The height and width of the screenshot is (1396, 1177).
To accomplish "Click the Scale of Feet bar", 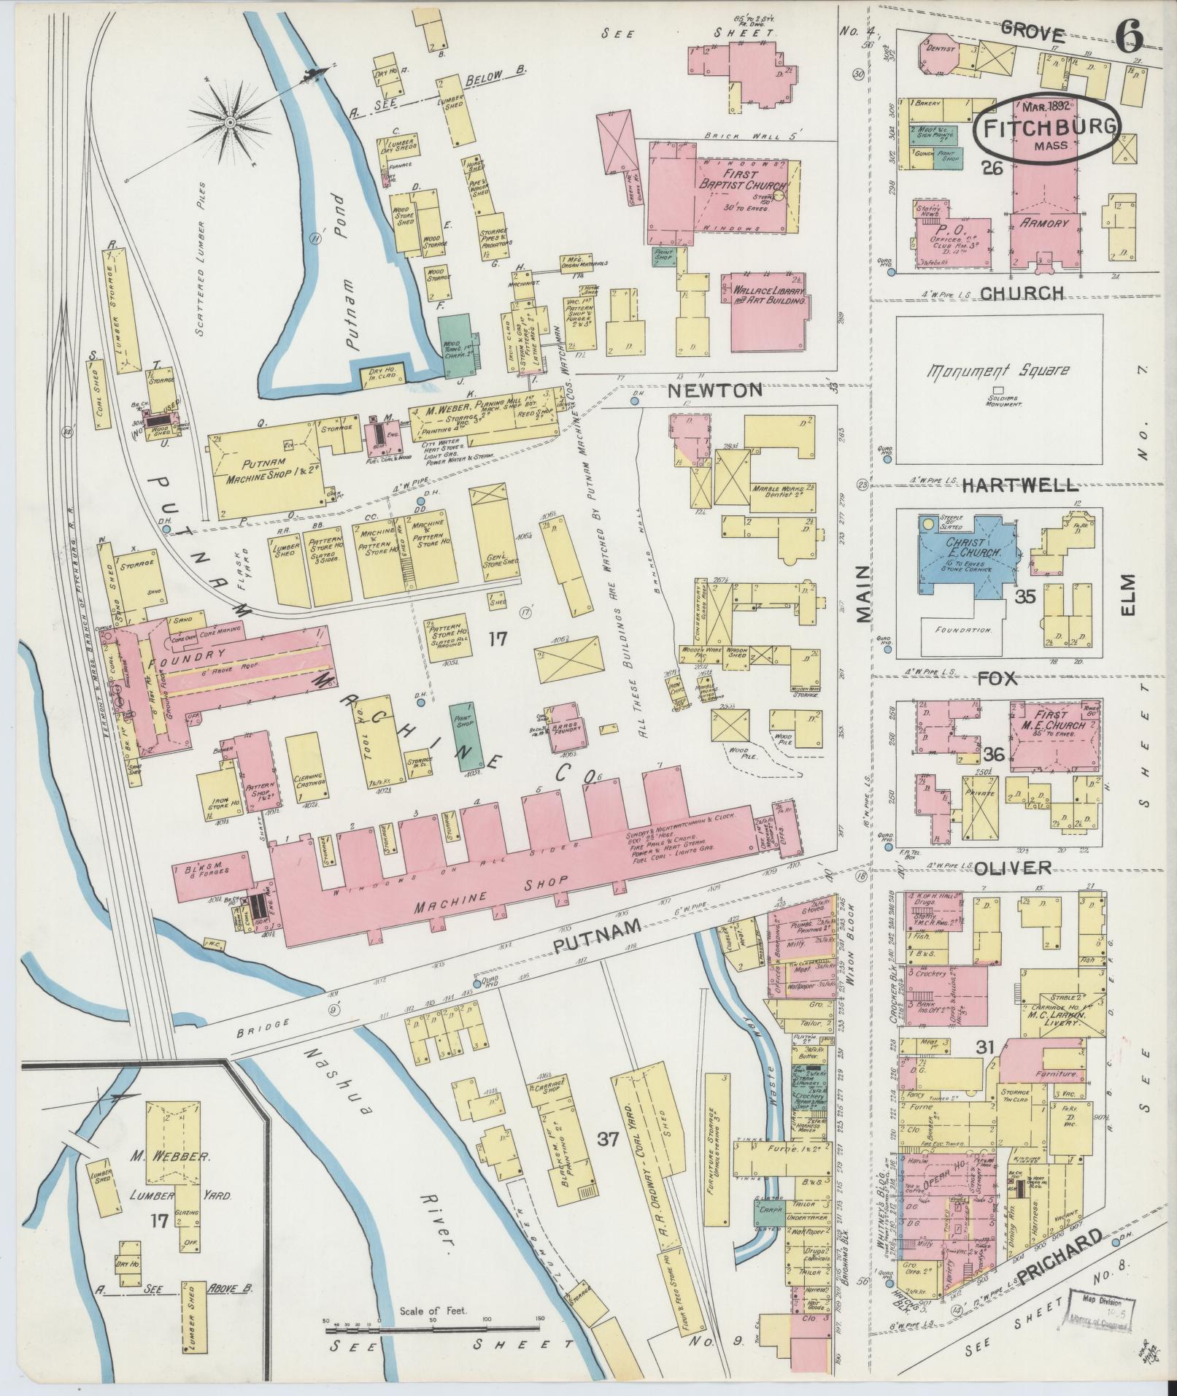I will point(434,1330).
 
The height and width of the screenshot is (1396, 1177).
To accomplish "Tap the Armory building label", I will point(1043,223).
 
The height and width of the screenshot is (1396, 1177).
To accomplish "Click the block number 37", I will point(607,1139).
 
